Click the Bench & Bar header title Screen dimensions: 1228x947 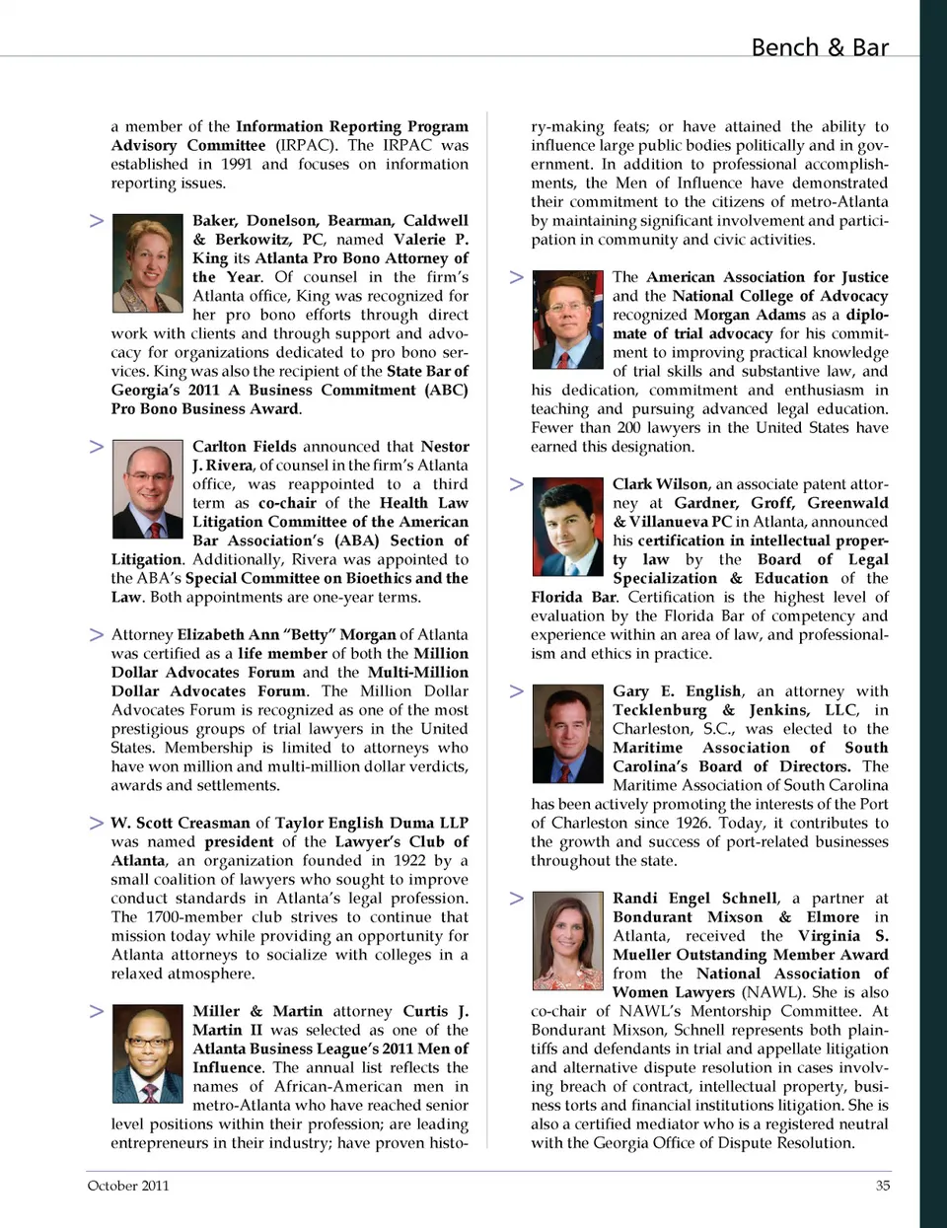819,47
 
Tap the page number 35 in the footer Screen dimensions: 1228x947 882,1186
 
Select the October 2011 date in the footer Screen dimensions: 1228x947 128,1186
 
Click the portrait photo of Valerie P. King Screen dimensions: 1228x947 148,263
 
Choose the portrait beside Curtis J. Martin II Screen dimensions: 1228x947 148,1053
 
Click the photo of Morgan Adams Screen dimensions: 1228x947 567,321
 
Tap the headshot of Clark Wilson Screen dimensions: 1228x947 567,527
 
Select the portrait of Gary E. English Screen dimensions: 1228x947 567,734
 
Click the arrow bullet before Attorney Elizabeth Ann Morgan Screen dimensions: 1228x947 97,634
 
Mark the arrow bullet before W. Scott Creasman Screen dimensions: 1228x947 97,823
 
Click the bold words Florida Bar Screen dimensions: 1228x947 574,597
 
